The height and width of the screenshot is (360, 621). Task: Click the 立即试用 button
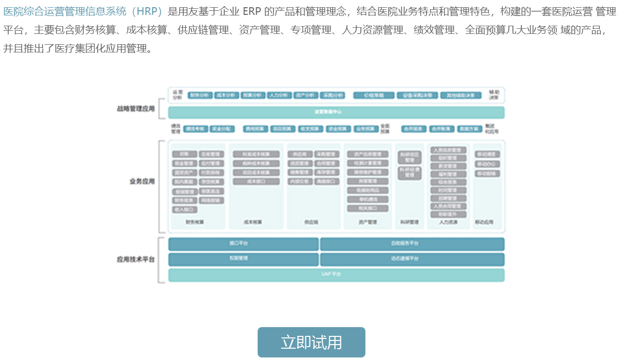[x=311, y=342]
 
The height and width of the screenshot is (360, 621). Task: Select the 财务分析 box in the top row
[x=200, y=96]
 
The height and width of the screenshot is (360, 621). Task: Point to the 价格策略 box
[x=374, y=96]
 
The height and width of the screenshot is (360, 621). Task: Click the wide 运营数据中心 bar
[x=336, y=112]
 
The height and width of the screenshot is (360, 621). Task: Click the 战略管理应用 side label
[x=135, y=109]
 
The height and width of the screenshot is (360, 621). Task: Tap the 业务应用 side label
[x=142, y=181]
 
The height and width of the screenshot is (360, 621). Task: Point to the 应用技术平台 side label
[x=135, y=259]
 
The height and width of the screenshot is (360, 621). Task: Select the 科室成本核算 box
[x=256, y=154]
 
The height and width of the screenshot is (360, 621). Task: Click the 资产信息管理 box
[x=367, y=154]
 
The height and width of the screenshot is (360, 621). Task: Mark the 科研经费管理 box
[x=410, y=172]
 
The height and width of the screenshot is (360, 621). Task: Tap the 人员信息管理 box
[x=449, y=150]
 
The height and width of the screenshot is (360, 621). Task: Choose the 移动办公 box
[x=487, y=164]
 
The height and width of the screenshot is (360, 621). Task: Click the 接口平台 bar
[x=243, y=243]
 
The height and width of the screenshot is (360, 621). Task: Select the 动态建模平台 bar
[x=412, y=259]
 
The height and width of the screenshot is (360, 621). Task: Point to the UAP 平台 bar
[x=336, y=275]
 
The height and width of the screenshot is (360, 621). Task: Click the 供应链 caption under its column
[x=311, y=222]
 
